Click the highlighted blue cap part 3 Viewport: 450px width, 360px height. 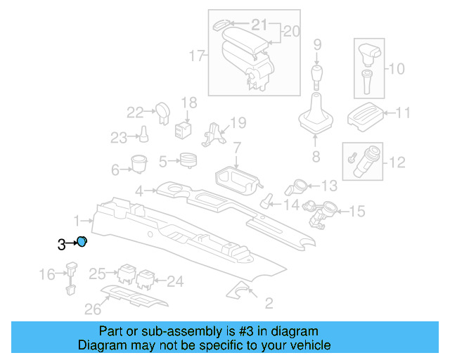82,242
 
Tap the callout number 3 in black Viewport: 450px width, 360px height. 61,244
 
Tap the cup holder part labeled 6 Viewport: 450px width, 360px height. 138,164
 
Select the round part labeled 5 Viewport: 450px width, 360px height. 187,160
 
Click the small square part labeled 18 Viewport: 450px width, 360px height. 184,129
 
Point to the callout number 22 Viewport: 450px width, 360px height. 134,112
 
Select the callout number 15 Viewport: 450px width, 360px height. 357,210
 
